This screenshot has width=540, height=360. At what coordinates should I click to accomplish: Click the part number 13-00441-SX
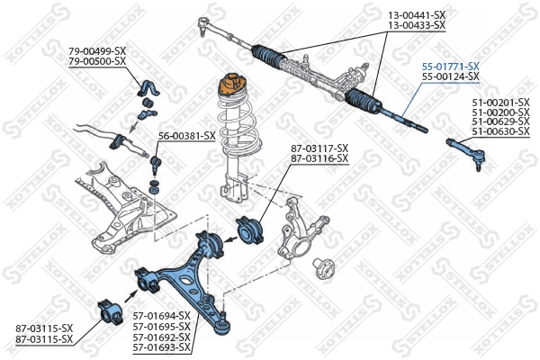coord(417,15)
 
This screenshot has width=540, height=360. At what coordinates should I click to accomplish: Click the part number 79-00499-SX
coord(97,51)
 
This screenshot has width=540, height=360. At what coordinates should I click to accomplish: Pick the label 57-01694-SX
coord(162,316)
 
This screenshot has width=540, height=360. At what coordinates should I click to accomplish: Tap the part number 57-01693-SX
coord(162,347)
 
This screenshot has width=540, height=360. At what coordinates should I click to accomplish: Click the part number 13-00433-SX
coord(417,26)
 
